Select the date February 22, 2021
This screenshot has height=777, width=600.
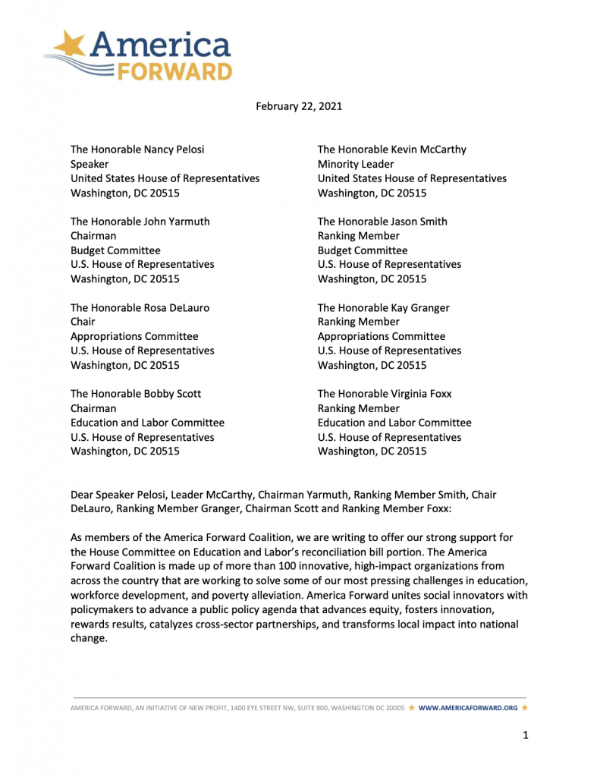(299, 106)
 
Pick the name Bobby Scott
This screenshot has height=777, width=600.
(172, 394)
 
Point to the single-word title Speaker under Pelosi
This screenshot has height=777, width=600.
(90, 164)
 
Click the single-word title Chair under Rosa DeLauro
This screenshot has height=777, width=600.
(83, 322)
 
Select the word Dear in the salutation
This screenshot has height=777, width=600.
(83, 495)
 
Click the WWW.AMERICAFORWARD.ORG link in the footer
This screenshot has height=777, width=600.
(467, 708)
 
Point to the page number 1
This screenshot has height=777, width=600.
(525, 735)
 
